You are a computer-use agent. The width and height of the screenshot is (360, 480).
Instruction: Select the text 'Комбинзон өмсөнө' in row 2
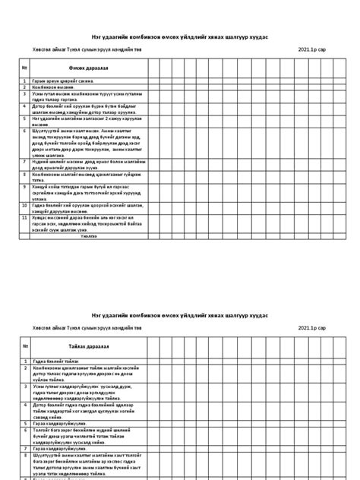pos(53,87)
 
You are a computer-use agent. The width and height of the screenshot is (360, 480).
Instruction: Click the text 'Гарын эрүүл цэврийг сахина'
pos(61,81)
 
